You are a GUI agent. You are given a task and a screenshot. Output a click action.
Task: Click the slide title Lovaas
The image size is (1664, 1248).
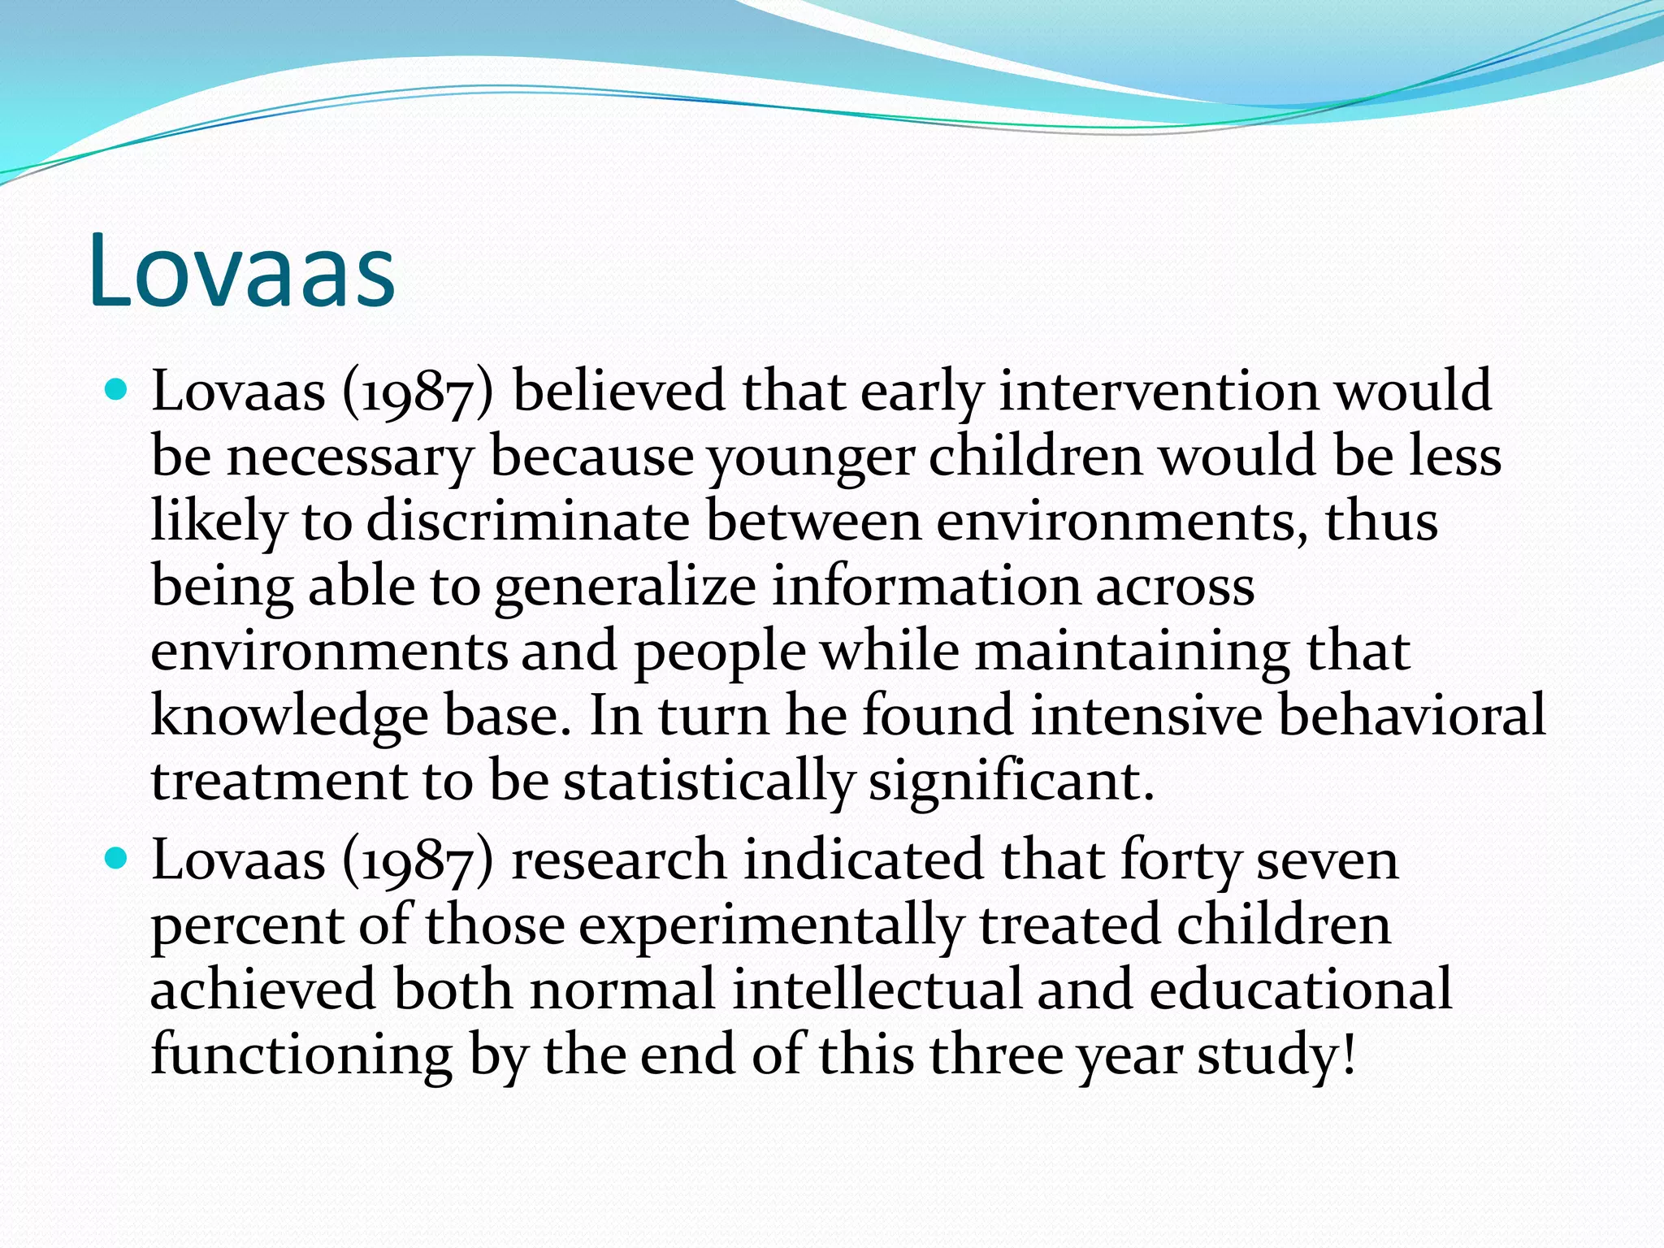(x=242, y=270)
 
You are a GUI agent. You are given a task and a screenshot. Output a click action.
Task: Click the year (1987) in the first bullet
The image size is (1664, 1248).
(x=418, y=392)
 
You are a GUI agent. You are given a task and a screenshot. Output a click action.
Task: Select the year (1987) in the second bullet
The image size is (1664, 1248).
(x=418, y=861)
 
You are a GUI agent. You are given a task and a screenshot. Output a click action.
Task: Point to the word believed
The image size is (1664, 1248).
(x=619, y=391)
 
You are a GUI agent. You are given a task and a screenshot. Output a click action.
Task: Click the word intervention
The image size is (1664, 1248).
(x=1159, y=391)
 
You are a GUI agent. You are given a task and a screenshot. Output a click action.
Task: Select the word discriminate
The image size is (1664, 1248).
(x=528, y=521)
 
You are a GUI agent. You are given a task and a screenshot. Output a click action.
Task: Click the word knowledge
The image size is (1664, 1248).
(x=289, y=717)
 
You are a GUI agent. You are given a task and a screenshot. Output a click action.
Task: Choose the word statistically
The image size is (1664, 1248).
(x=708, y=782)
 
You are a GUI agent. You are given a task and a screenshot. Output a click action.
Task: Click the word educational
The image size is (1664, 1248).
(x=1301, y=990)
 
